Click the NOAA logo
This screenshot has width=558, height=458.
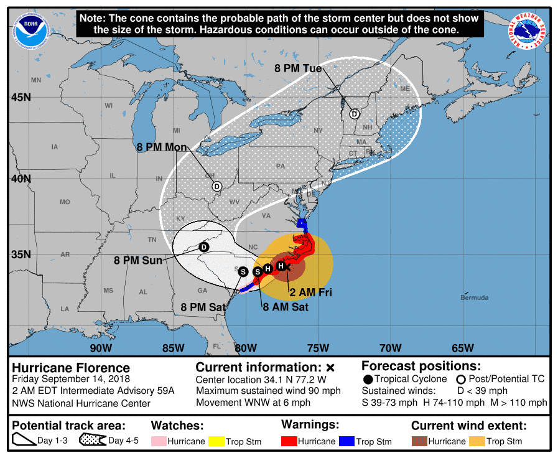(x=32, y=29)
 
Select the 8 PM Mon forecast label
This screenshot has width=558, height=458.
(x=162, y=147)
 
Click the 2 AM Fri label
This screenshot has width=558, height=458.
(x=310, y=291)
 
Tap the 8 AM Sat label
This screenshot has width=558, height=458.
(x=285, y=307)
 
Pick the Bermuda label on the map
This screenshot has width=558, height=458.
(x=474, y=297)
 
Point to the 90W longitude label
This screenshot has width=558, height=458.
(x=101, y=347)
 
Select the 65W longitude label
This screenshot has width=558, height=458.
(x=463, y=347)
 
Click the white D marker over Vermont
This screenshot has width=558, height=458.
(x=354, y=114)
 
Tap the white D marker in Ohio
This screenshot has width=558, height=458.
(x=217, y=186)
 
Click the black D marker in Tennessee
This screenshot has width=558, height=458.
(x=203, y=247)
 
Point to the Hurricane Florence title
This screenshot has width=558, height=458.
(x=72, y=368)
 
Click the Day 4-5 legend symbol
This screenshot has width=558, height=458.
(x=93, y=441)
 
